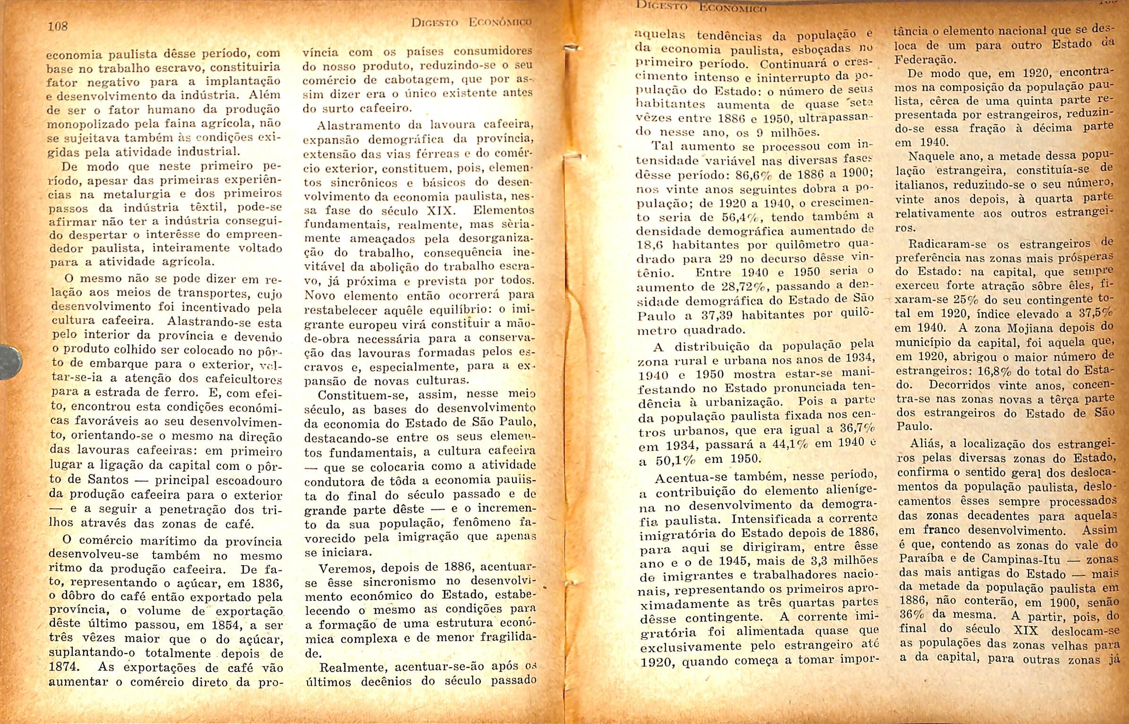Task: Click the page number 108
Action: pos(58,26)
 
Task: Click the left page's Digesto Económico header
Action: pos(471,23)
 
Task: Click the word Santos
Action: pos(108,480)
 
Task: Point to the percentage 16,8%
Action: pos(1003,371)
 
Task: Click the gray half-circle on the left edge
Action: pos(10,362)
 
